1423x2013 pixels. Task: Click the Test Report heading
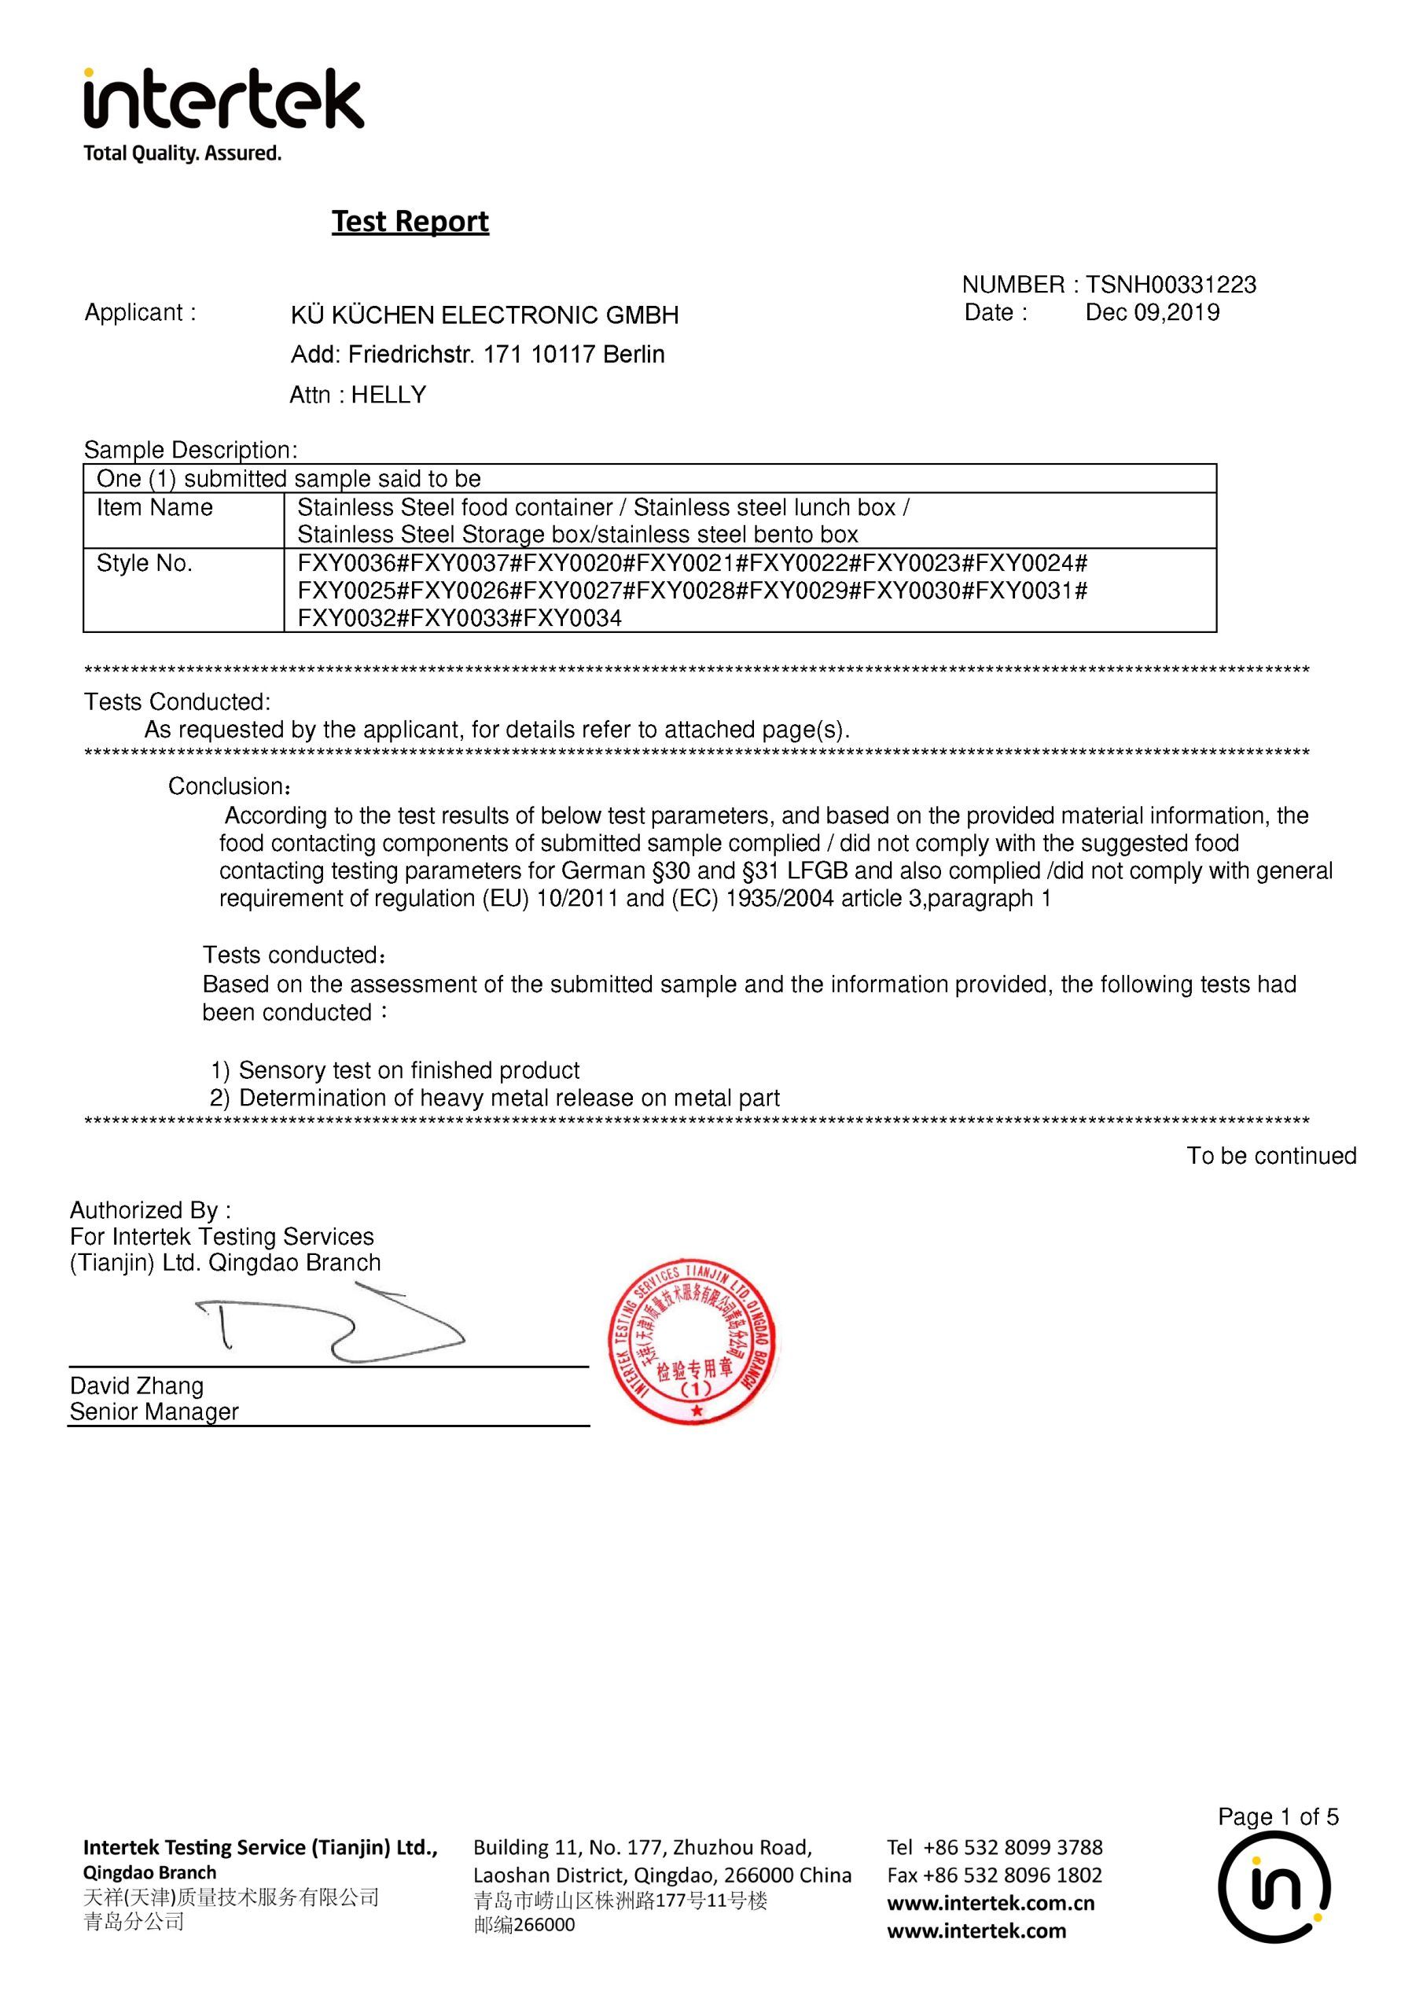pos(410,221)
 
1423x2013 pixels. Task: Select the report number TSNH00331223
pos(1171,285)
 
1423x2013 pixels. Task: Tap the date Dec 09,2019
pos(1152,313)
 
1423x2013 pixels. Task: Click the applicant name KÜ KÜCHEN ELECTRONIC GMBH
pos(485,315)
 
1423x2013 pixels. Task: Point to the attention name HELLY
pos(388,396)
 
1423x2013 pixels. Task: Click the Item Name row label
pos(154,508)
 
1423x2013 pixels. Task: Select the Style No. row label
pos(144,564)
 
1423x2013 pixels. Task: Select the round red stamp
pos(693,1343)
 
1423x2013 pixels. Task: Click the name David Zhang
pos(137,1386)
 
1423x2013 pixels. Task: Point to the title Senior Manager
pos(154,1412)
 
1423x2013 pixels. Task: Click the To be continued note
pos(1271,1157)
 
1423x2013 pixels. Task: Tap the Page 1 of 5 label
pos(1278,1817)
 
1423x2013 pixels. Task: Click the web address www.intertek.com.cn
pos(991,1904)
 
